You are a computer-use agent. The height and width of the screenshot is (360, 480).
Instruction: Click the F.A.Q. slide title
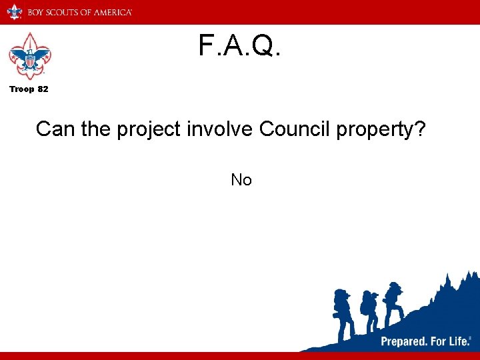[x=240, y=46]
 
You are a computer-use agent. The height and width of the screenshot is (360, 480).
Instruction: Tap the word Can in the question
[x=55, y=129]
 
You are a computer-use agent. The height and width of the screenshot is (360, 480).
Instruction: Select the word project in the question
[x=148, y=129]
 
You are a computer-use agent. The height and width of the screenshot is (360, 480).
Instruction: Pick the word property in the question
[x=373, y=130]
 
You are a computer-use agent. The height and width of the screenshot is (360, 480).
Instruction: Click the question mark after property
[x=419, y=129]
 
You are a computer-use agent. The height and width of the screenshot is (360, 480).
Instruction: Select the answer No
[x=241, y=179]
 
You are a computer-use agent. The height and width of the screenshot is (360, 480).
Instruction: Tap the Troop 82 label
[x=28, y=89]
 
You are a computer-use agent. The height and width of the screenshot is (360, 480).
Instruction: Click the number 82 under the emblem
[x=42, y=89]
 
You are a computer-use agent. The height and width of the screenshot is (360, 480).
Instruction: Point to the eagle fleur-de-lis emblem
[x=29, y=57]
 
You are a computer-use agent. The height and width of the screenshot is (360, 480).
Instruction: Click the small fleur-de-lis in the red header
[x=14, y=12]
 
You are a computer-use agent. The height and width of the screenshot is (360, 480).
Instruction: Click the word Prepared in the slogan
[x=404, y=341]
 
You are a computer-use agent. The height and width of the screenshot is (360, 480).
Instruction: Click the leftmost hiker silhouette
[x=344, y=313]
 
